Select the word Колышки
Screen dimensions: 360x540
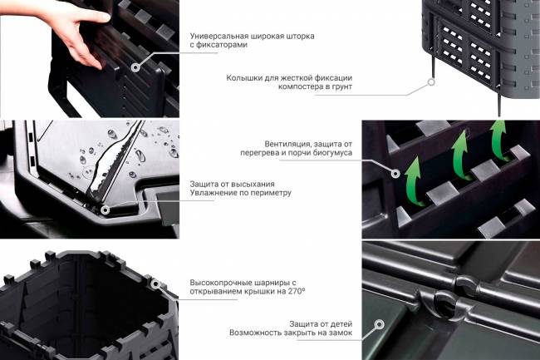pyautogui.click(x=246, y=79)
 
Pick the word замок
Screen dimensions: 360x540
pyautogui.click(x=339, y=333)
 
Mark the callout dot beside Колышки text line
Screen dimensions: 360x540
pyautogui.click(x=432, y=83)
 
